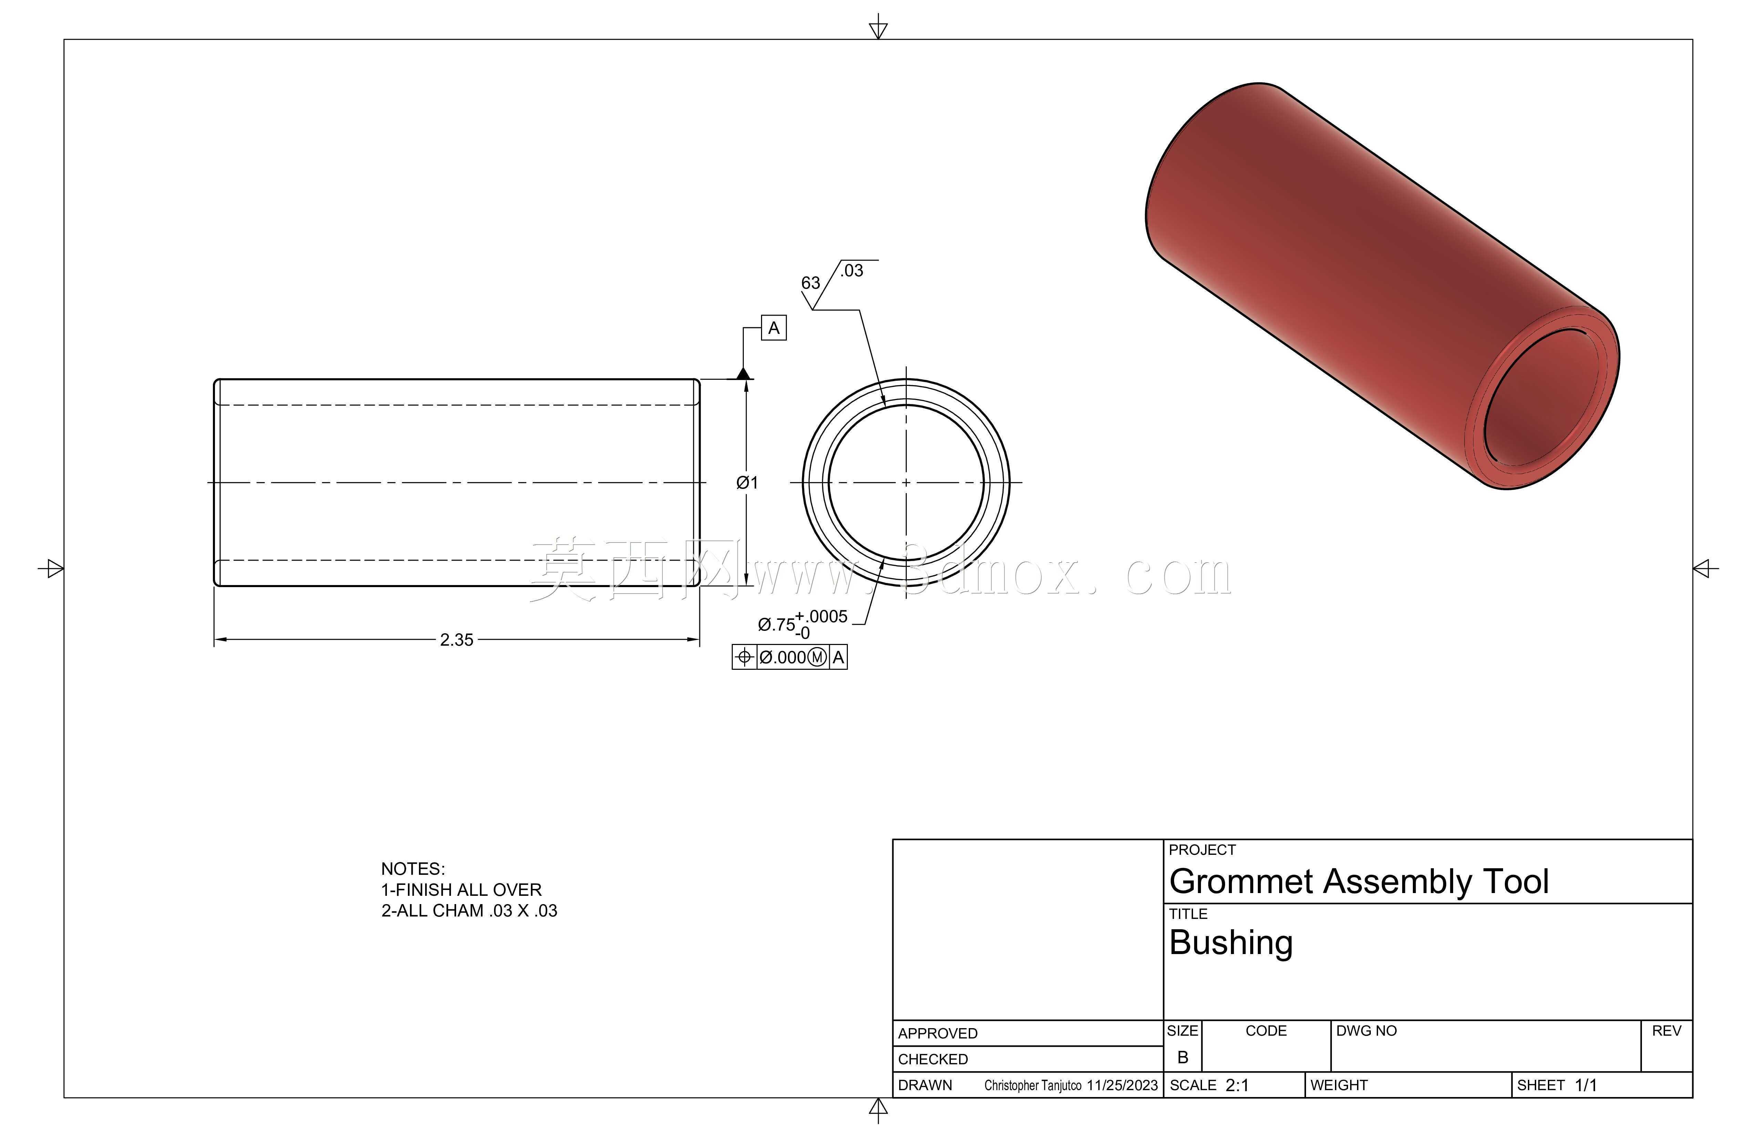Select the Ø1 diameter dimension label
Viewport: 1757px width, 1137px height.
747,483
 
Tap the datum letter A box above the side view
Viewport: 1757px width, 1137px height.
774,328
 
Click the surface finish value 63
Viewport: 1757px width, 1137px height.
811,283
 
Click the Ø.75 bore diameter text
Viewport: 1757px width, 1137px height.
777,625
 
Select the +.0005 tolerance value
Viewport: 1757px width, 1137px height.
821,616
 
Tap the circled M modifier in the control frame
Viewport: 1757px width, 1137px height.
817,657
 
